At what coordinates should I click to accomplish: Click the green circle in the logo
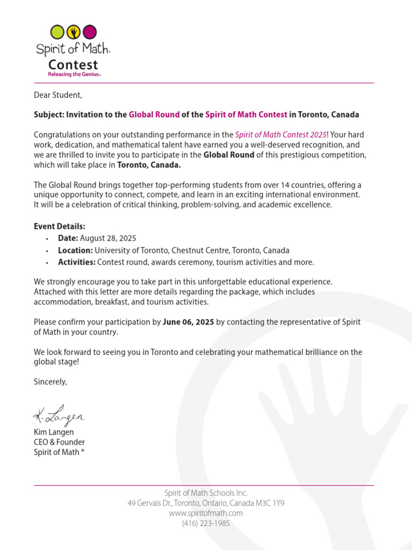click(x=57, y=32)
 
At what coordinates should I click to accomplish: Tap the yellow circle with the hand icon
click(x=73, y=32)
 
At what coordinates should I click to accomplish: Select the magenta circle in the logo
click(x=90, y=32)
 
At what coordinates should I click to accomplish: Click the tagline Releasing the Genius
click(x=74, y=74)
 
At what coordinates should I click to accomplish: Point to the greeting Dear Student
click(x=58, y=95)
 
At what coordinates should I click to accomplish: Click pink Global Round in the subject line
click(x=154, y=114)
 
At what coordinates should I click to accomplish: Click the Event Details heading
click(x=60, y=226)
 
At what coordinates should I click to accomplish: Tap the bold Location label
click(x=75, y=250)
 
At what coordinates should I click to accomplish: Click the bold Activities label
click(x=77, y=262)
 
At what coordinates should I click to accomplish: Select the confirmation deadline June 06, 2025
click(x=188, y=322)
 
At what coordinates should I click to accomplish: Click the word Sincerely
click(x=50, y=382)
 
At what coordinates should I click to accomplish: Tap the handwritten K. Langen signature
click(x=59, y=415)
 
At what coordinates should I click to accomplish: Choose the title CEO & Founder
click(x=59, y=442)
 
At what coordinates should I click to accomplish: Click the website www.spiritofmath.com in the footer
click(x=205, y=513)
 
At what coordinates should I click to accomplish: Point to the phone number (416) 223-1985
click(x=205, y=523)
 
